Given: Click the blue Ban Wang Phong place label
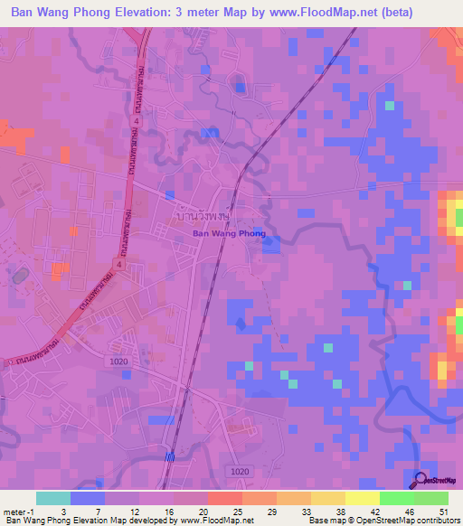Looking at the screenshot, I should pyautogui.click(x=229, y=233).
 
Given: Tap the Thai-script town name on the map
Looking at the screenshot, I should pyautogui.click(x=202, y=218).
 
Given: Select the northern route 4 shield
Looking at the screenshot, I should pyautogui.click(x=137, y=119).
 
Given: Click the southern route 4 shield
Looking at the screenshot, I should pyautogui.click(x=119, y=265).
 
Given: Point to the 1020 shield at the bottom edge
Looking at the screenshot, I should pyautogui.click(x=239, y=472).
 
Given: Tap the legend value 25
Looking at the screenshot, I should pyautogui.click(x=236, y=512).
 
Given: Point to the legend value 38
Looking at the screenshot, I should pyautogui.click(x=340, y=512).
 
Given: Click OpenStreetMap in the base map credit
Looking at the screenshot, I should pyautogui.click(x=379, y=521).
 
